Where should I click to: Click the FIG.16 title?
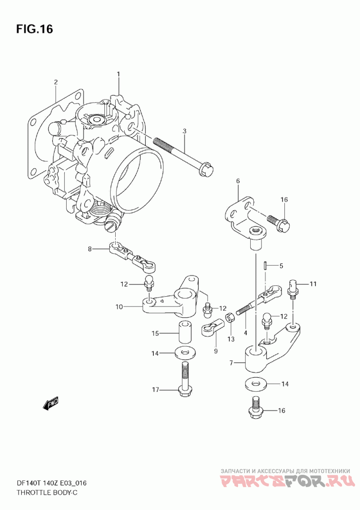34,29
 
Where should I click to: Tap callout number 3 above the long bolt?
184,131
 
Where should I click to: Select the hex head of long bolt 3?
206,169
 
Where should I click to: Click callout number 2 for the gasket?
56,82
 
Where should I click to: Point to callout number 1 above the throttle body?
118,74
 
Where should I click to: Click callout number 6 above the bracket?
238,181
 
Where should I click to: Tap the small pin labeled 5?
265,266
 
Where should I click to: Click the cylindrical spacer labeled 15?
184,332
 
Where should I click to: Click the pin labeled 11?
293,289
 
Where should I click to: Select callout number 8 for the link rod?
90,249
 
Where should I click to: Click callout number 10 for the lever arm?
119,307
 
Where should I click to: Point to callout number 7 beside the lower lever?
231,363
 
